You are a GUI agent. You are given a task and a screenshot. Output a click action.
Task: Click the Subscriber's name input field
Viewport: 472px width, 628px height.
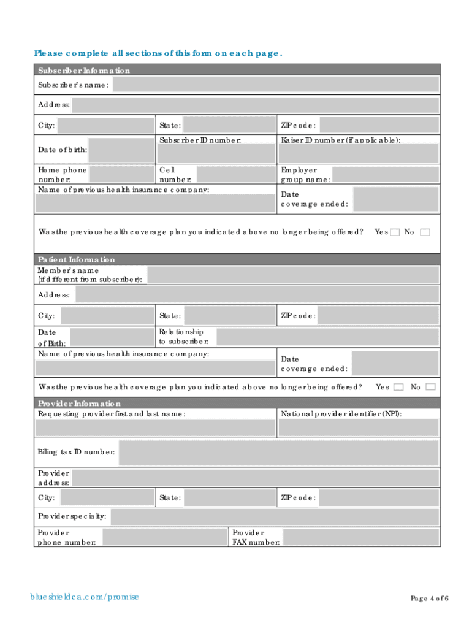click(x=276, y=85)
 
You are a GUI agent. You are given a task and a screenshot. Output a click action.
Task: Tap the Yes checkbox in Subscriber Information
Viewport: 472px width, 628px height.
click(x=395, y=232)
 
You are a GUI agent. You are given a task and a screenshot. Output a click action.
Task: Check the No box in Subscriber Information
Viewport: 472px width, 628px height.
click(x=425, y=232)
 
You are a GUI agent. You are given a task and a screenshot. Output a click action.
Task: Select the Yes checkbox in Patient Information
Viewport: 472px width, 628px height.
click(x=398, y=387)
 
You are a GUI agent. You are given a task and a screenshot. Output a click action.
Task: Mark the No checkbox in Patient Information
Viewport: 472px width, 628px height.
click(x=430, y=387)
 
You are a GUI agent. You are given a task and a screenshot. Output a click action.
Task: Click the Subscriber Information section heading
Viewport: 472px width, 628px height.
click(x=84, y=71)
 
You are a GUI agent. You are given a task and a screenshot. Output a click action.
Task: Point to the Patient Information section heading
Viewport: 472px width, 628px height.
click(x=77, y=259)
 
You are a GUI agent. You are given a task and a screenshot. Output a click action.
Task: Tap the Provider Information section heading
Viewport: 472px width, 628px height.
click(x=80, y=404)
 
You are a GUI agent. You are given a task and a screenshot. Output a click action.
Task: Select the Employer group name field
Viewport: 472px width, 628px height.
click(x=386, y=175)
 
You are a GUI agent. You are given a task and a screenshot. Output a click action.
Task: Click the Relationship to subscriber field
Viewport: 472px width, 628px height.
click(x=327, y=337)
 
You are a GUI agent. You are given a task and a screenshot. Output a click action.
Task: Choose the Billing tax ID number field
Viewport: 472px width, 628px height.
click(x=278, y=453)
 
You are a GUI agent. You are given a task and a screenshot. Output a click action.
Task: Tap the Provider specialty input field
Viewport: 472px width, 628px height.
click(x=275, y=517)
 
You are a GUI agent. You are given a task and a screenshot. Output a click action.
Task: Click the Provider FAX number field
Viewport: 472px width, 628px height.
click(x=361, y=538)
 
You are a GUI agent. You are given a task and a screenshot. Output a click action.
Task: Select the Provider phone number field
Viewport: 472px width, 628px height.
click(x=164, y=538)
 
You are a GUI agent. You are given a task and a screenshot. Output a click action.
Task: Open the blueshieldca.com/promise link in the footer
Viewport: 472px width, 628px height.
click(x=85, y=597)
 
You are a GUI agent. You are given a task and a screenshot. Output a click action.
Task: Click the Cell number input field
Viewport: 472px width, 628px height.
click(x=234, y=174)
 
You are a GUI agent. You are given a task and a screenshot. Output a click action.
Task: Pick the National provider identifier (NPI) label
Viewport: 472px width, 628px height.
click(x=341, y=414)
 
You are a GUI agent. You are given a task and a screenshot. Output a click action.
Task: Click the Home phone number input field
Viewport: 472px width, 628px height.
click(x=121, y=174)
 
